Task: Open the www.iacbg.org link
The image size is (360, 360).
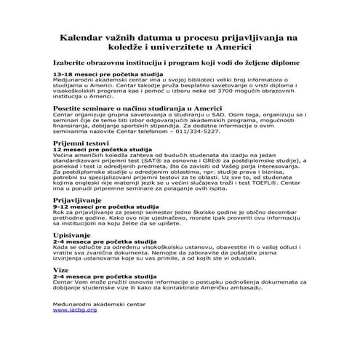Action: pyautogui.click(x=75, y=310)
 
